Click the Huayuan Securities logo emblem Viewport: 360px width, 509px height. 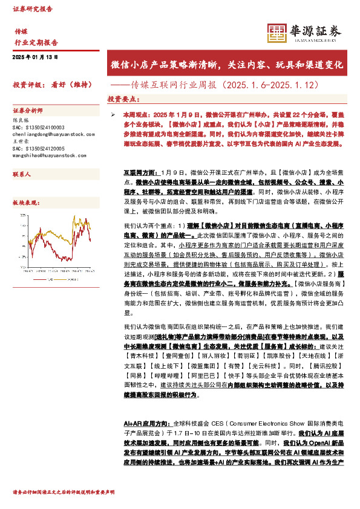pos(277,32)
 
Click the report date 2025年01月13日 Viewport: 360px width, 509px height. pos(35,57)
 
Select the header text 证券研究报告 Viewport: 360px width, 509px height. pos(33,9)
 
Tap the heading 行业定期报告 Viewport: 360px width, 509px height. pos(36,42)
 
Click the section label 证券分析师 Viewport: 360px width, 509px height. pos(28,111)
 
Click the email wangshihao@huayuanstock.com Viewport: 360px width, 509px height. pos(48,155)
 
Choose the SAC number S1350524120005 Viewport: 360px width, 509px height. pos(38,149)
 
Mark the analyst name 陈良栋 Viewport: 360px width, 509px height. pos(20,120)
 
